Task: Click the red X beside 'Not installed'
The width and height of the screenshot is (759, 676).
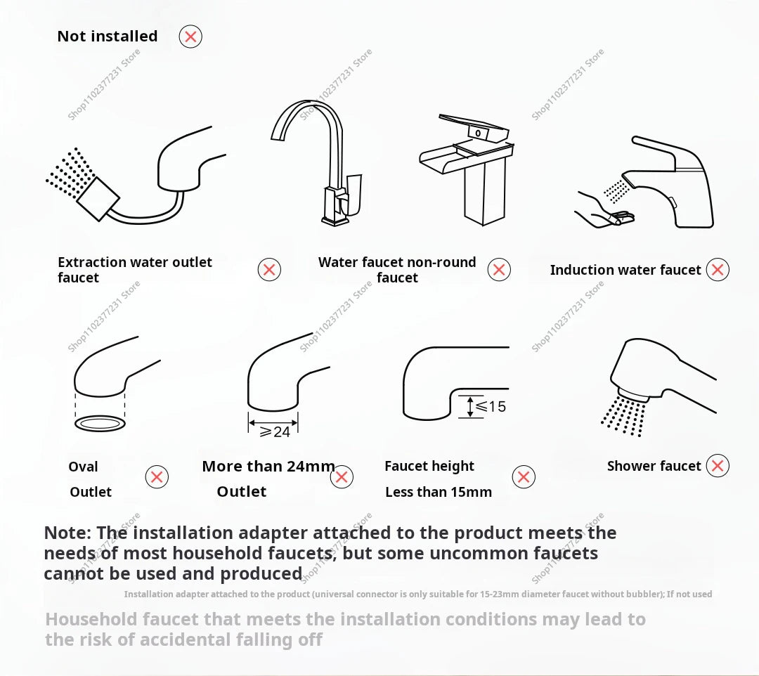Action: pyautogui.click(x=190, y=36)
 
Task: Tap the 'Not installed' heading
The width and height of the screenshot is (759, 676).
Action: pyautogui.click(x=107, y=36)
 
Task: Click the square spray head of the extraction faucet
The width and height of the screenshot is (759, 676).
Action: pyautogui.click(x=98, y=198)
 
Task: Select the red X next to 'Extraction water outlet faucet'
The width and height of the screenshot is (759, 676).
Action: pyautogui.click(x=269, y=269)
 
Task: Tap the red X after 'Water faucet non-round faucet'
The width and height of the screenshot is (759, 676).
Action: pyautogui.click(x=499, y=269)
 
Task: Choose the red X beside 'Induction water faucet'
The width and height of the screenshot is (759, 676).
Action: pyautogui.click(x=718, y=269)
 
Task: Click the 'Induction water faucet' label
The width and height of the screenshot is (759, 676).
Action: pyautogui.click(x=625, y=270)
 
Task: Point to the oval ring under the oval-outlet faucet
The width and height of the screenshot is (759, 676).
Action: pyautogui.click(x=100, y=423)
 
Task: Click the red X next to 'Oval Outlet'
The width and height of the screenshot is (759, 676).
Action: pyautogui.click(x=157, y=477)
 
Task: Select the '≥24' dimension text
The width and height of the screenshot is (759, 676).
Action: pyautogui.click(x=275, y=431)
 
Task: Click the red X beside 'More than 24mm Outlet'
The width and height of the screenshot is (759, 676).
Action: pyautogui.click(x=342, y=477)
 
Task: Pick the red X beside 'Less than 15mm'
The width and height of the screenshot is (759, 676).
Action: pyautogui.click(x=524, y=477)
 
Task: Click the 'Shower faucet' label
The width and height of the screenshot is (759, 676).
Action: pyautogui.click(x=654, y=466)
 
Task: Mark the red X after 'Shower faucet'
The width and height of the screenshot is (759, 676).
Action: pyautogui.click(x=718, y=465)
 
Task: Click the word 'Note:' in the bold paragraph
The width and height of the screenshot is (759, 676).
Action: pyautogui.click(x=67, y=533)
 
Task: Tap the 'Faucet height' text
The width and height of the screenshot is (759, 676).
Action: pyautogui.click(x=429, y=466)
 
